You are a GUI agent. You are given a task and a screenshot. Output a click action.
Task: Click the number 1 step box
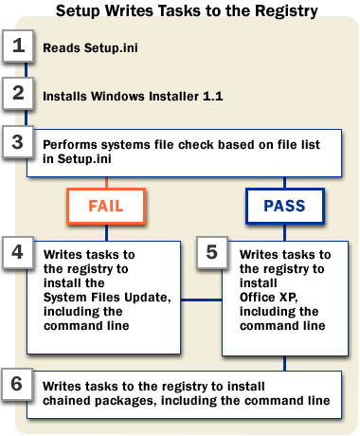(18, 45)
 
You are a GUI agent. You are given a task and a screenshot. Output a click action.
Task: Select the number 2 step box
(18, 94)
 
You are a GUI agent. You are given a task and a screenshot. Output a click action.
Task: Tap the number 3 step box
(18, 142)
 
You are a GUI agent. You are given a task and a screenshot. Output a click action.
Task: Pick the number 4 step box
(18, 253)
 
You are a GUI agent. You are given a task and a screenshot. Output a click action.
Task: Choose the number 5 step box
(212, 253)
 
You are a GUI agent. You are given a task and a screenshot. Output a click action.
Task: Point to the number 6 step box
(17, 385)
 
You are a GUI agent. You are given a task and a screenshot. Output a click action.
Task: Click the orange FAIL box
(106, 206)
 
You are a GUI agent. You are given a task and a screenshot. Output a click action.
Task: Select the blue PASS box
(285, 206)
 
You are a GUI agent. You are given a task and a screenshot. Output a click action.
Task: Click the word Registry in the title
(286, 10)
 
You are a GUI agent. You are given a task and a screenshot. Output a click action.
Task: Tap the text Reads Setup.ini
(90, 48)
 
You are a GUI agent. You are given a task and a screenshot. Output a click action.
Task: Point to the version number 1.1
(213, 96)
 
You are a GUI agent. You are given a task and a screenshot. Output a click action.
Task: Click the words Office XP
(268, 298)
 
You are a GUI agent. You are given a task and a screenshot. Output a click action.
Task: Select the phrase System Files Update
(107, 298)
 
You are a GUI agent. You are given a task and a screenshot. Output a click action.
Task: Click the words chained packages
(99, 401)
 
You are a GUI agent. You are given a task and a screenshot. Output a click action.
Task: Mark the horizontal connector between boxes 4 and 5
(202, 300)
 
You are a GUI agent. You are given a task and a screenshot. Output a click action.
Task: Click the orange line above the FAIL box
(106, 183)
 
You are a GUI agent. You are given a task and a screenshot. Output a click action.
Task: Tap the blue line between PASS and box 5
(285, 232)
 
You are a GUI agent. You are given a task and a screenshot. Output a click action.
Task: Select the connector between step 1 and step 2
(26, 70)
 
